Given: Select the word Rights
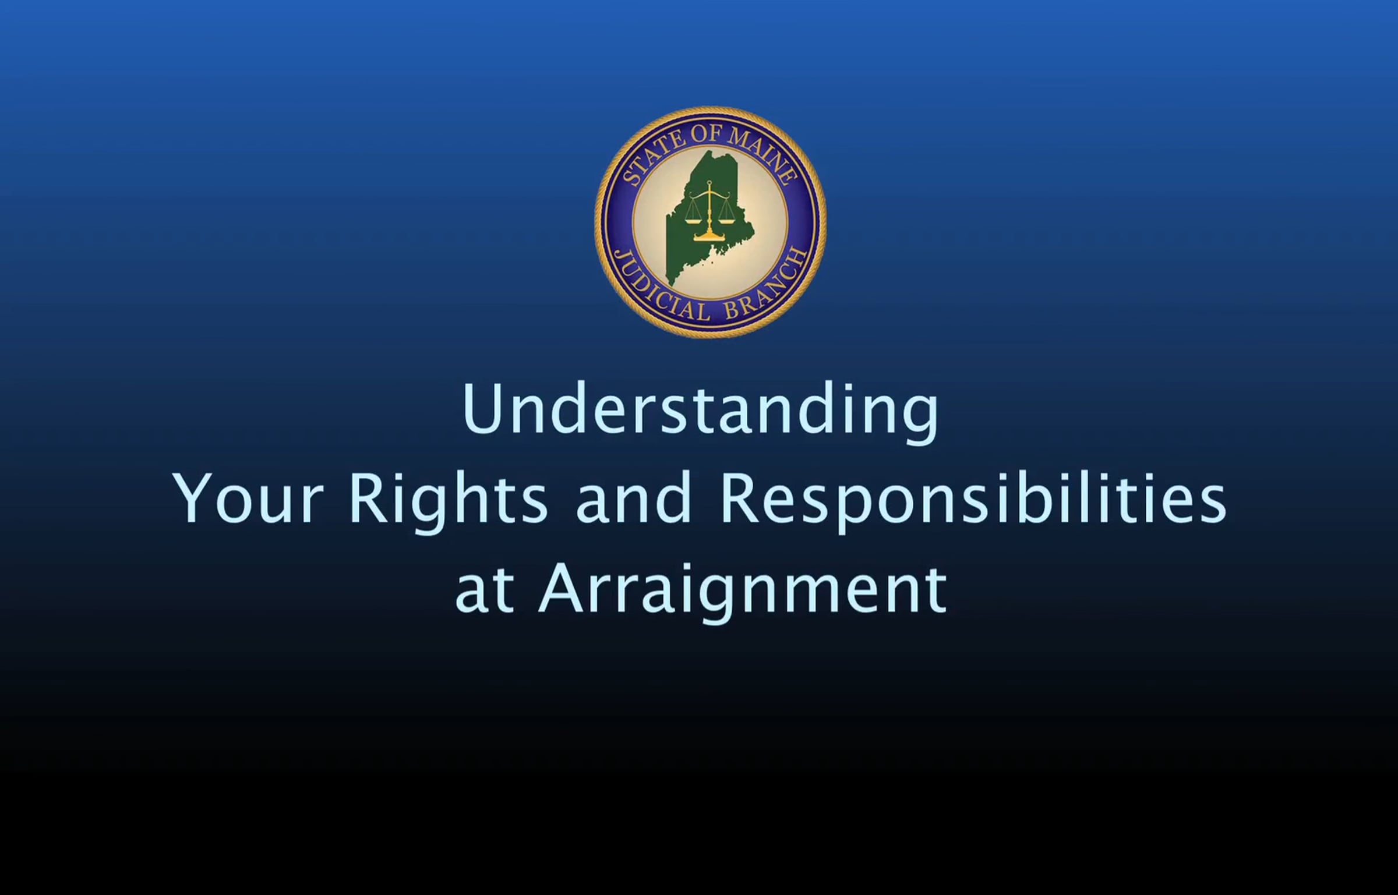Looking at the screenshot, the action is pos(449,502).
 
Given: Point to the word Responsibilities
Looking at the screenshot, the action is pos(973,502).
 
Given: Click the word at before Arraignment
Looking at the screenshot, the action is pos(484,591).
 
